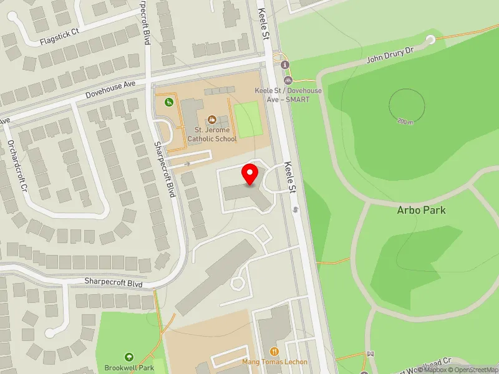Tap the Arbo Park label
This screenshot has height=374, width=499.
click(421, 210)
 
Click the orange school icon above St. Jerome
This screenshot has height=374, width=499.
click(211, 119)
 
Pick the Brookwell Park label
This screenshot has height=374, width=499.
click(129, 368)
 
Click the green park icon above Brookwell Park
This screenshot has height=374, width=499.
click(129, 357)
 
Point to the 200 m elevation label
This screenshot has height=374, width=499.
click(405, 122)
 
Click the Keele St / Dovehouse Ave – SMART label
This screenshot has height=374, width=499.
click(289, 95)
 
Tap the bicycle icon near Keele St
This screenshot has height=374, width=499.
click(288, 80)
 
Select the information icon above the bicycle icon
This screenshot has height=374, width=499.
click(286, 65)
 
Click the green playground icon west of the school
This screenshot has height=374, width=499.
click(168, 102)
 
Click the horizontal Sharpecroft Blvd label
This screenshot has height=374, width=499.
click(114, 282)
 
